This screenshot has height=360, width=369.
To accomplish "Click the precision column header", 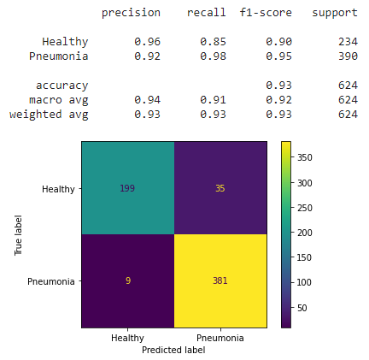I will coord(131,13).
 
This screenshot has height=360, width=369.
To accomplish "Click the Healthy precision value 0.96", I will coord(147,41).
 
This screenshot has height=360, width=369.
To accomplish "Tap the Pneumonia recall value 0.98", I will coord(214,56).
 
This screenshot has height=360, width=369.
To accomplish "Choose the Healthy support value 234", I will coord(347,41).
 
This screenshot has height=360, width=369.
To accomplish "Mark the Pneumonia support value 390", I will coord(347,56).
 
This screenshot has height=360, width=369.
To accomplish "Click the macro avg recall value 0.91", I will coord(214,99).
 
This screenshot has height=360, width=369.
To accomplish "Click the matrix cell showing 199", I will coord(127,187).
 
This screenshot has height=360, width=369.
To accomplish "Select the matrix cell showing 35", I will coord(220,187).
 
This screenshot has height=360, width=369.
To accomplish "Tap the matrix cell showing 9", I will coord(127,280).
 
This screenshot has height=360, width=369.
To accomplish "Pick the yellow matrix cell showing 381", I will coord(220,280).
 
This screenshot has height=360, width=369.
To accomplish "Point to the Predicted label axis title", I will coord(174,350).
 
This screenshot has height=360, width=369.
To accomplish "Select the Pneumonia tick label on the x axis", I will coord(220,338).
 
